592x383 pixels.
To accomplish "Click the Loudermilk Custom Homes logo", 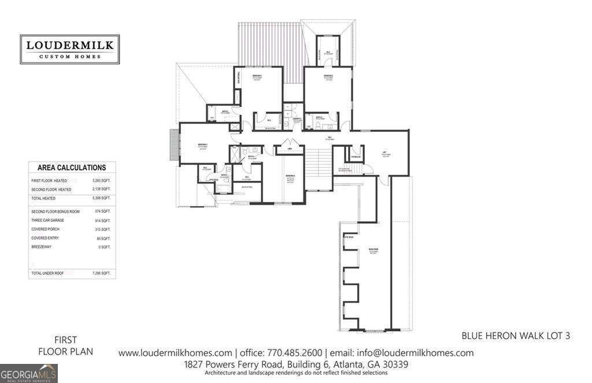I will (x=69, y=49).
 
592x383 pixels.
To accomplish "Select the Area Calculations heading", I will (x=72, y=168).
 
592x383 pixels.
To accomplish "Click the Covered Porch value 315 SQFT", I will (x=102, y=229).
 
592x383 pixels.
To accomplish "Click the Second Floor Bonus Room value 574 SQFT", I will (x=102, y=212).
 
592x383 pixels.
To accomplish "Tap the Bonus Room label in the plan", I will (x=372, y=250).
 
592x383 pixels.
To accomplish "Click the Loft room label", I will (x=384, y=153).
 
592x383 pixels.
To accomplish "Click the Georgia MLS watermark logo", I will (x=29, y=373).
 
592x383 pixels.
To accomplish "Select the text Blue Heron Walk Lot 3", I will (x=516, y=335).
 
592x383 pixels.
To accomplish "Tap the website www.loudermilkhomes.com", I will (x=175, y=353).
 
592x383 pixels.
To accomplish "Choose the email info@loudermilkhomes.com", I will (x=401, y=353).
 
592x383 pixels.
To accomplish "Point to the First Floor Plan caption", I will (x=65, y=345).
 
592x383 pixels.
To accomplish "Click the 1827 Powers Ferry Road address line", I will (x=296, y=364).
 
